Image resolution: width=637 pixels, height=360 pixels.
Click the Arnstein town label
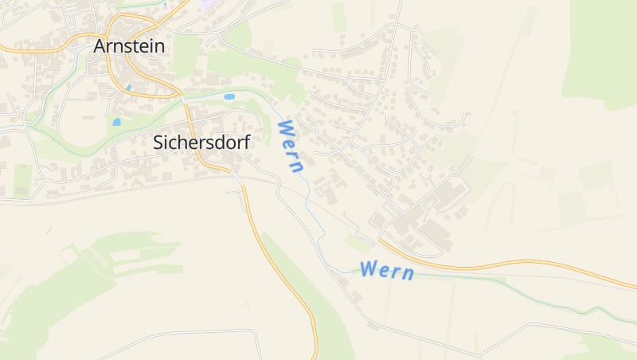(129, 46)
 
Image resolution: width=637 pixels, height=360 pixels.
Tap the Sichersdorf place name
(201, 143)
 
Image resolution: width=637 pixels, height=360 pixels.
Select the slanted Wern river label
(291, 147)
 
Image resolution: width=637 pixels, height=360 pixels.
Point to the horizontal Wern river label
(387, 270)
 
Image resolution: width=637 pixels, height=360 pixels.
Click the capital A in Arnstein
(100, 46)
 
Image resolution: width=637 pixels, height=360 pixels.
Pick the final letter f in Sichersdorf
(247, 143)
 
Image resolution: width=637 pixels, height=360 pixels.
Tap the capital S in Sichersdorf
(158, 143)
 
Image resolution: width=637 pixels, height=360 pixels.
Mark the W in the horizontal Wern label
(368, 268)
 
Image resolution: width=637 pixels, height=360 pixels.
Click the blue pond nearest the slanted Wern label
(229, 96)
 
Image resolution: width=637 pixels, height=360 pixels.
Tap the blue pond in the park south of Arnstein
(116, 123)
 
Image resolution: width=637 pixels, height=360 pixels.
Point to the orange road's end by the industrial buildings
(380, 238)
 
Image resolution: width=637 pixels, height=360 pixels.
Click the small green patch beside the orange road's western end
(359, 242)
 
